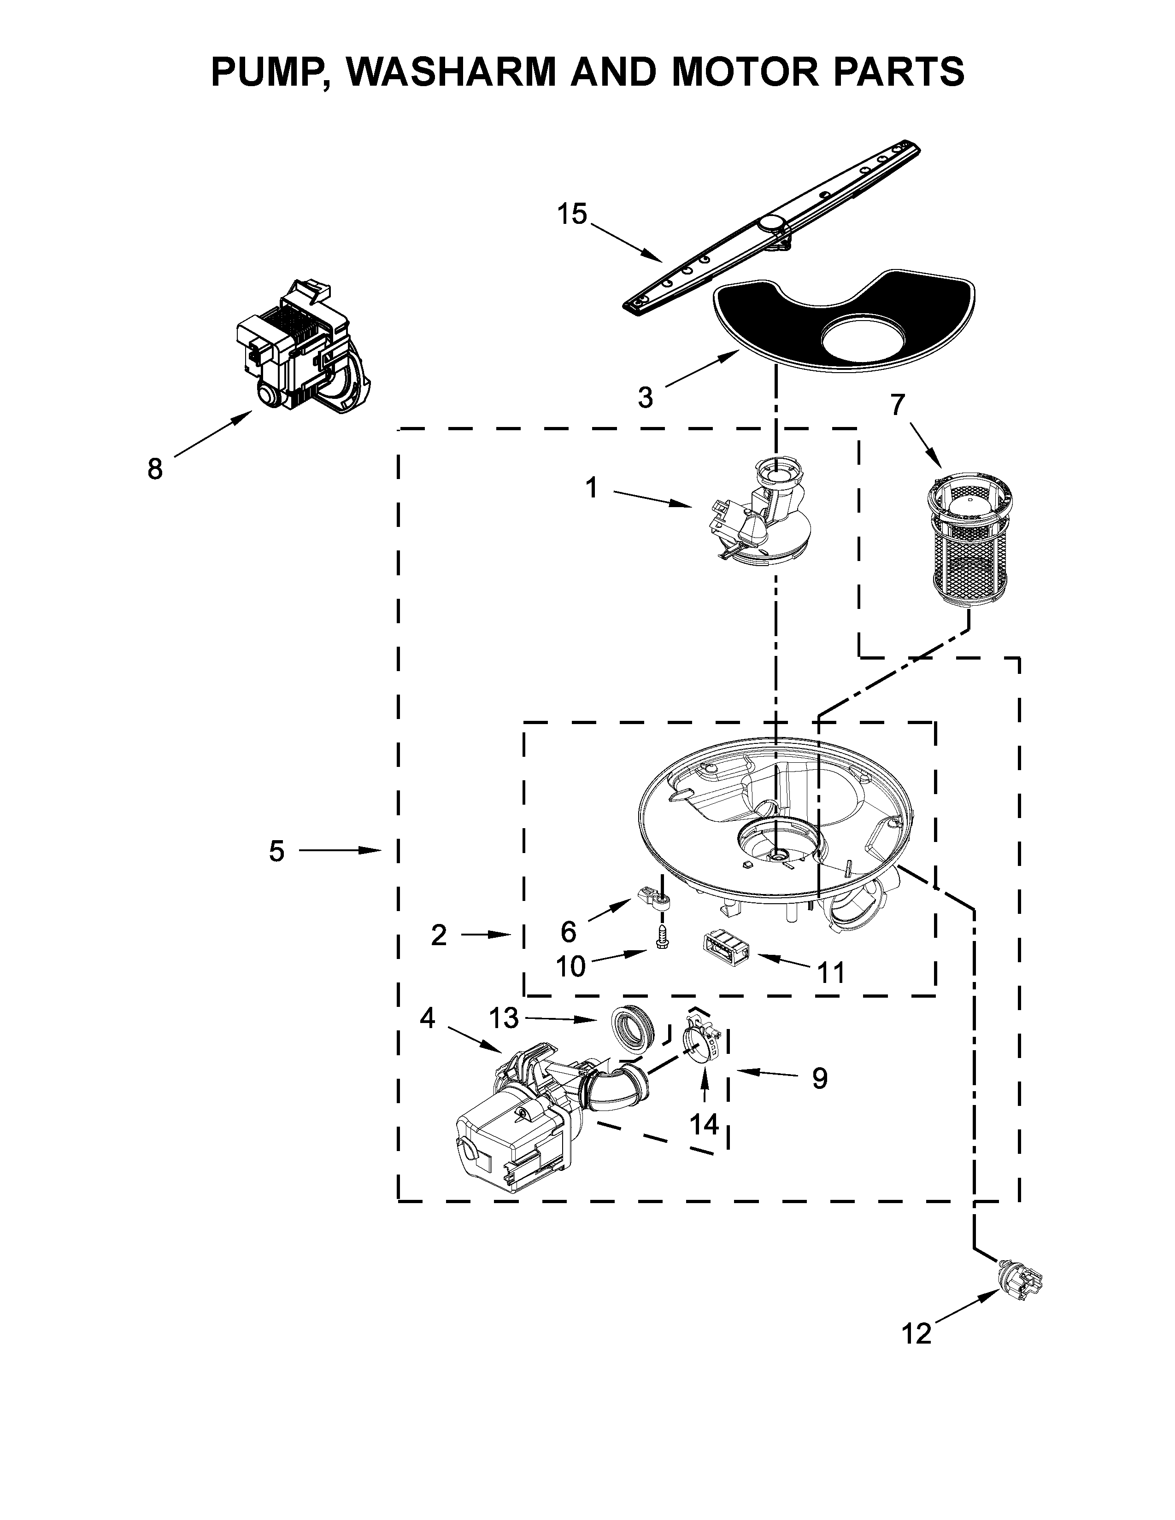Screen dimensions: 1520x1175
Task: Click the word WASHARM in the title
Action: (x=453, y=70)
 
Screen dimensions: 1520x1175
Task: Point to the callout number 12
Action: (x=916, y=1333)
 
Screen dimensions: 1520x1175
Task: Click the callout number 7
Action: (x=899, y=404)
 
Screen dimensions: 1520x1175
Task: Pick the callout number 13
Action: (x=503, y=1018)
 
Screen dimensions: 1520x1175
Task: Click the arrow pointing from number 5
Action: (x=341, y=850)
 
